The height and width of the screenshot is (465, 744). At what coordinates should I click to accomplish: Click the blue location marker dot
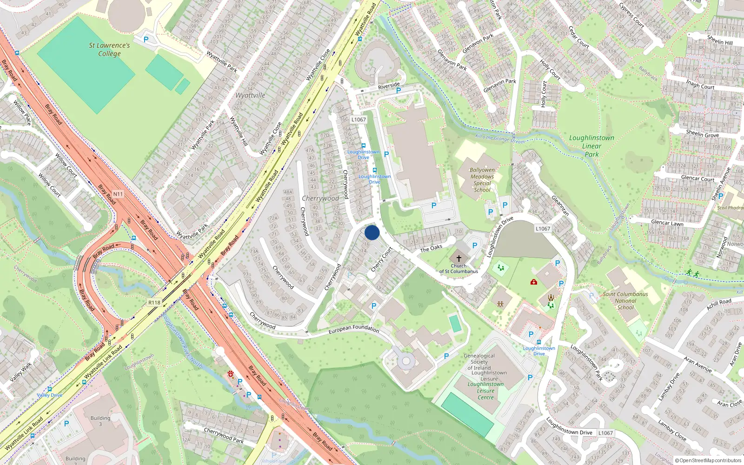pos(372,233)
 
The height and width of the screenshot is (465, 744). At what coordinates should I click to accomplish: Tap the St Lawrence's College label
pos(109,49)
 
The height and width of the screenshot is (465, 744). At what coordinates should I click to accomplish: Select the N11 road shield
pos(118,194)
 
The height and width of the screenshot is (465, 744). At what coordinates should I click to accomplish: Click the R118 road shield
pos(154,303)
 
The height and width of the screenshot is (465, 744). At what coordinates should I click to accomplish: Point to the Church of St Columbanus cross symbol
pos(459,259)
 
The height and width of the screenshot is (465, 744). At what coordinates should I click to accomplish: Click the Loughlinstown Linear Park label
pos(591,146)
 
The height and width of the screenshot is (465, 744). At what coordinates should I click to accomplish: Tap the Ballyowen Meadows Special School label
pos(482,180)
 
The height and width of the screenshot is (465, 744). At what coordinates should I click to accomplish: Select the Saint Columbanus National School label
pos(625,300)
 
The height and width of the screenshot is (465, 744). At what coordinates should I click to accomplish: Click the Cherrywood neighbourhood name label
pos(320,198)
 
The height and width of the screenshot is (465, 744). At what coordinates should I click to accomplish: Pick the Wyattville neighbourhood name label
pos(250,95)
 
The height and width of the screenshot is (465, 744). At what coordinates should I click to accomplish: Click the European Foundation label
pos(354,329)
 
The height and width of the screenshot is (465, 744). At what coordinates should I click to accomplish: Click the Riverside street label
pos(389,86)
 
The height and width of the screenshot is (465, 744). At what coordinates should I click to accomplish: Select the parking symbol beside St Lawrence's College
pos(146,40)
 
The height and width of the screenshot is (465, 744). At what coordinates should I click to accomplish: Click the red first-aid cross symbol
pos(534,282)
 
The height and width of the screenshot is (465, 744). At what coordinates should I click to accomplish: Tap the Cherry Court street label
pos(382,259)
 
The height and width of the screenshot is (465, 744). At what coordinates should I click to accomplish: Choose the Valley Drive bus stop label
pos(49,395)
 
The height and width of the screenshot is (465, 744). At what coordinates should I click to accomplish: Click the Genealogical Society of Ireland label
pos(479,362)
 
